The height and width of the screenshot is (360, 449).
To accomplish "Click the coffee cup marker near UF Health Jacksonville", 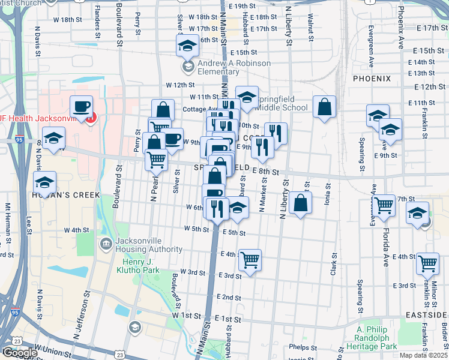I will pyautogui.click(x=82, y=107).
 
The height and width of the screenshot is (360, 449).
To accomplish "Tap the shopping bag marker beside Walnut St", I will pyautogui.click(x=324, y=108).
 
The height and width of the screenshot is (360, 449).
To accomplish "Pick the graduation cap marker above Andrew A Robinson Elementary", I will pyautogui.click(x=188, y=46).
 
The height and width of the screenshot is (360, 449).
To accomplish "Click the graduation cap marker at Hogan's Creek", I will pyautogui.click(x=44, y=182).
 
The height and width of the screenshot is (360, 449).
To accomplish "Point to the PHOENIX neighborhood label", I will pyautogui.click(x=372, y=79).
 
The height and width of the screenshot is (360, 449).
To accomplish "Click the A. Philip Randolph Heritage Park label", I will pyautogui.click(x=376, y=338).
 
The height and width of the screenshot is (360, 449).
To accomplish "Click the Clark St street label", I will pyautogui.click(x=333, y=264).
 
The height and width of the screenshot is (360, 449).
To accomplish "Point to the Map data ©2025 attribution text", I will pyautogui.click(x=424, y=355).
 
